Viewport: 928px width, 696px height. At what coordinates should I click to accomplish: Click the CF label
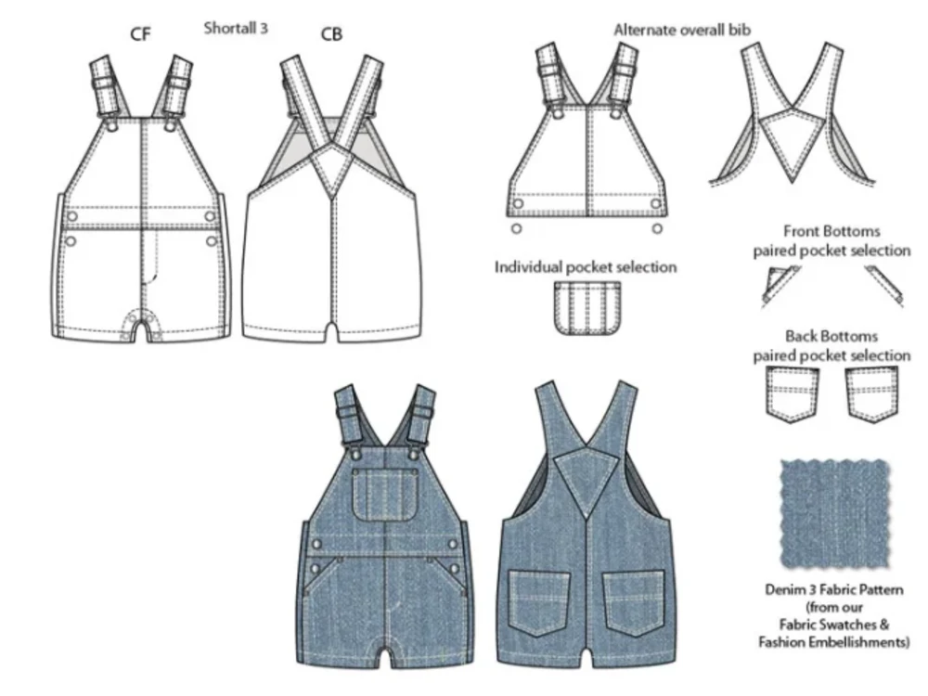click(140, 34)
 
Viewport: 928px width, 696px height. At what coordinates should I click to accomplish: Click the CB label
click(331, 34)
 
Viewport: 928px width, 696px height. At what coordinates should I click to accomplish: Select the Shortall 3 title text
click(236, 28)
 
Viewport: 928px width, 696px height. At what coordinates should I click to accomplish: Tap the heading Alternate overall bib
click(682, 30)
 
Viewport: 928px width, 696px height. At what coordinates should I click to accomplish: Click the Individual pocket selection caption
click(586, 267)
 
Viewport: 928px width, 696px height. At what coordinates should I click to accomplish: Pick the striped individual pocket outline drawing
click(587, 308)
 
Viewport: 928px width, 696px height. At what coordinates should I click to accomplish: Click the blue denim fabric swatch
click(834, 513)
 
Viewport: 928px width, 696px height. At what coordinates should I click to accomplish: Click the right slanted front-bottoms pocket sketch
click(884, 286)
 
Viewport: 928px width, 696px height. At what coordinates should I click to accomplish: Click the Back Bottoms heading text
click(831, 336)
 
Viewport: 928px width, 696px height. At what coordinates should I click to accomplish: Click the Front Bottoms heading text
click(831, 231)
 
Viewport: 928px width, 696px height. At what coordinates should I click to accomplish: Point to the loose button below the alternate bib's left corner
click(517, 228)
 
